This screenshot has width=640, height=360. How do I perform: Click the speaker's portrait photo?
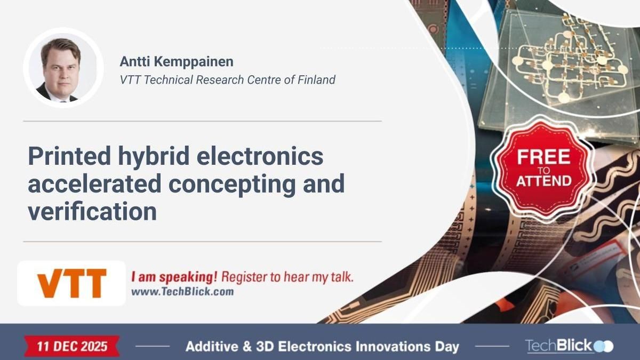tap(63, 68)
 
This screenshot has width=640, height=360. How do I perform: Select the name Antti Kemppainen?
tap(176, 61)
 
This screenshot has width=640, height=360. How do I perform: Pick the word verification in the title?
tap(92, 212)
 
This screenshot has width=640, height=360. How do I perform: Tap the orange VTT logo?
tap(71, 283)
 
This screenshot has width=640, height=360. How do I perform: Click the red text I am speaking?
tap(174, 277)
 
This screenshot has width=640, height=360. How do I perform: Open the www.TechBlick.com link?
tap(182, 292)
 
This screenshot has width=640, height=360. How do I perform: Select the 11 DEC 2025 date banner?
tap(72, 346)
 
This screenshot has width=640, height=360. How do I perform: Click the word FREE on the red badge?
tap(543, 158)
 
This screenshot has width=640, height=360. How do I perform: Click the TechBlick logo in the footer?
tap(569, 346)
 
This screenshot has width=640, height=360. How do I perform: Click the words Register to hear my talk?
tap(287, 277)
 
